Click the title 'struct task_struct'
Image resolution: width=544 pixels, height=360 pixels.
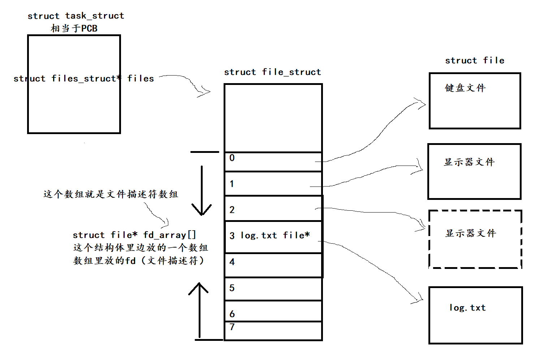point(76,16)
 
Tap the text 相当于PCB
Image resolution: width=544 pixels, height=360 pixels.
point(74,29)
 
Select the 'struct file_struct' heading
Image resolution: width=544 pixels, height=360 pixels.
point(272,72)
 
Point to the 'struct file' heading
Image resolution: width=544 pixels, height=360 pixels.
point(475,60)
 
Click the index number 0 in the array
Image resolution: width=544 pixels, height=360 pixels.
point(232,158)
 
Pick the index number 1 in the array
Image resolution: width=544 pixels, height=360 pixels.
point(232,184)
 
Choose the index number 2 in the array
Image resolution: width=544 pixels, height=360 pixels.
point(232,210)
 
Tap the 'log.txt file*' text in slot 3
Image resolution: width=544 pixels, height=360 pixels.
point(275,235)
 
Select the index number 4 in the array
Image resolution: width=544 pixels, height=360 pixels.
point(232,262)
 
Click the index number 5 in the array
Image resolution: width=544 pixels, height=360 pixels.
point(232,288)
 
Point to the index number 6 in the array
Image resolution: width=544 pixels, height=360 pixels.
point(232,314)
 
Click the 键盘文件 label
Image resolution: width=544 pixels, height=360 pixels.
point(465,88)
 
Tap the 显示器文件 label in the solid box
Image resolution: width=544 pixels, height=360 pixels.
point(469,162)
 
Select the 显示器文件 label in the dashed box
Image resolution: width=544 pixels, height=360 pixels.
point(471,233)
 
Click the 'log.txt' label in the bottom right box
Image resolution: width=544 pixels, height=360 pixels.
point(467,308)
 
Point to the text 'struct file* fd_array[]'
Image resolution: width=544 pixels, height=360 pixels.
point(134,235)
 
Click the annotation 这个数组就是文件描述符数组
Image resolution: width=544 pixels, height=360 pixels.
point(111,194)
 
